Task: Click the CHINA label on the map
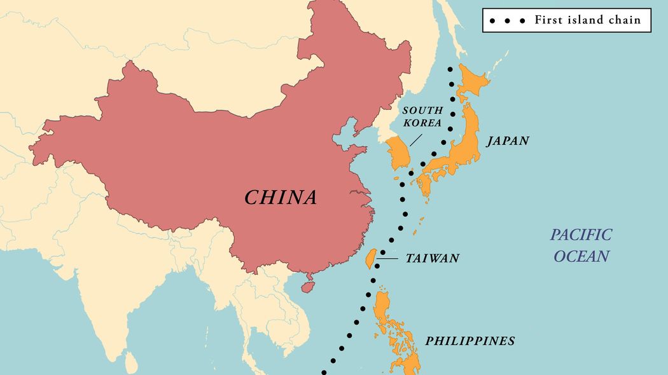[x=281, y=197]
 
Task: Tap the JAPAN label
[x=508, y=141]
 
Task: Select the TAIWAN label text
[x=432, y=259]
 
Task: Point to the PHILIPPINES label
[x=470, y=341]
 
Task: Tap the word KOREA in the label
[x=422, y=123]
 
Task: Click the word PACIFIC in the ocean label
[x=581, y=235]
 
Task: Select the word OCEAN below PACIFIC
[x=581, y=256]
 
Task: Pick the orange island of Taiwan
[x=367, y=259]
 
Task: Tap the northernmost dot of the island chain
[x=450, y=69]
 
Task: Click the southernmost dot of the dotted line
[x=324, y=372]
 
